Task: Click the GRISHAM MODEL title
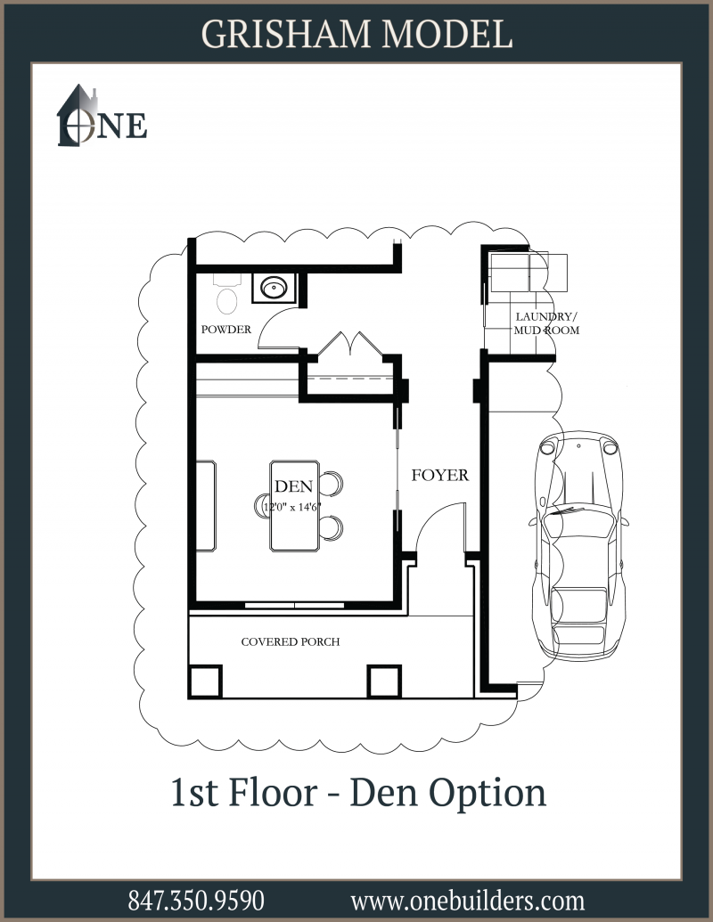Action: click(357, 34)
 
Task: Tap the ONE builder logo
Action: click(102, 116)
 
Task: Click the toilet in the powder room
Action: click(227, 294)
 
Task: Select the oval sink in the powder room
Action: click(275, 288)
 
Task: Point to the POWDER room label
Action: click(225, 330)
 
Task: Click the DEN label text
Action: click(293, 486)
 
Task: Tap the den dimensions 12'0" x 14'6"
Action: click(292, 507)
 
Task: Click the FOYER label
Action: click(440, 475)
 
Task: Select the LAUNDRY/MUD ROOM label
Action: click(546, 323)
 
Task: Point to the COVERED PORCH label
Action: click(291, 641)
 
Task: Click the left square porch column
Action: click(205, 681)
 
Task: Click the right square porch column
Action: click(384, 681)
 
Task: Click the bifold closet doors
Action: click(350, 343)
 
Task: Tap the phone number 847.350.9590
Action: click(196, 901)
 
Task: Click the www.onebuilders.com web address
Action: click(468, 901)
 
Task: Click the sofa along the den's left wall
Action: click(206, 506)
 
